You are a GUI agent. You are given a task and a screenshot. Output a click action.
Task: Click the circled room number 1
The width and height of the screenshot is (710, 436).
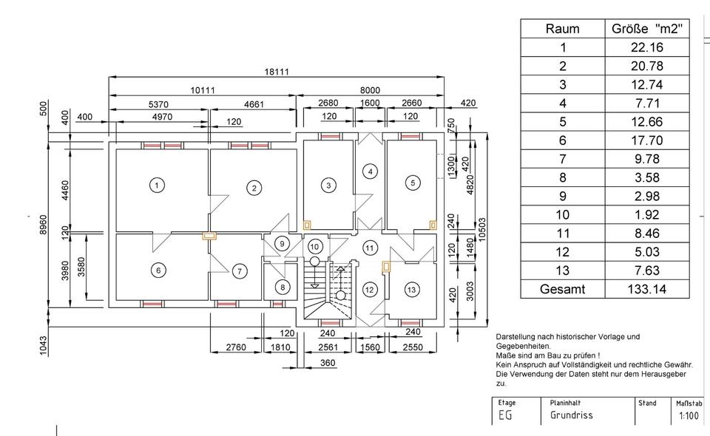click(x=156, y=185)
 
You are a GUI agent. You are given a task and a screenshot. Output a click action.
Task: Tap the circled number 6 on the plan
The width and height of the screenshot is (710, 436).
click(x=158, y=270)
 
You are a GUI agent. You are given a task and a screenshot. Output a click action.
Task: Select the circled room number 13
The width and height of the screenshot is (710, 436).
click(x=411, y=288)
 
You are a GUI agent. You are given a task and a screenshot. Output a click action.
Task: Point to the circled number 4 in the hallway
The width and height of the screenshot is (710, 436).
click(x=371, y=171)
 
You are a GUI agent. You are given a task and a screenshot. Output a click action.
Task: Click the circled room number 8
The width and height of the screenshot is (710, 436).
click(x=281, y=287)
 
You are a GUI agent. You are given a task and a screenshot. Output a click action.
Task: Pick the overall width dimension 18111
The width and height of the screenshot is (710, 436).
click(x=277, y=72)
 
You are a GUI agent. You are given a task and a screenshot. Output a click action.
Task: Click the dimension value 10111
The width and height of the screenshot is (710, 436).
click(x=203, y=90)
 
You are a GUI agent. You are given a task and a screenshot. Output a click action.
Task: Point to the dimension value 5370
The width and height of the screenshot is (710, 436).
click(x=159, y=105)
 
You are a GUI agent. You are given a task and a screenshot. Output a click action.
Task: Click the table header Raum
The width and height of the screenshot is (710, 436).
click(x=562, y=29)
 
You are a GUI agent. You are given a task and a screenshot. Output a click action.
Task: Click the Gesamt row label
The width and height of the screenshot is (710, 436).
click(x=562, y=289)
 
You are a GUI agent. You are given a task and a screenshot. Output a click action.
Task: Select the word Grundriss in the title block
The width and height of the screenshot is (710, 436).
click(x=571, y=415)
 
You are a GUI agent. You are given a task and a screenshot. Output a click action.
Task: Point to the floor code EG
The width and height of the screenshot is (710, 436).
click(x=505, y=415)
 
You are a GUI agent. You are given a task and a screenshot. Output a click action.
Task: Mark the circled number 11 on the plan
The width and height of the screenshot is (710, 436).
click(x=370, y=247)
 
